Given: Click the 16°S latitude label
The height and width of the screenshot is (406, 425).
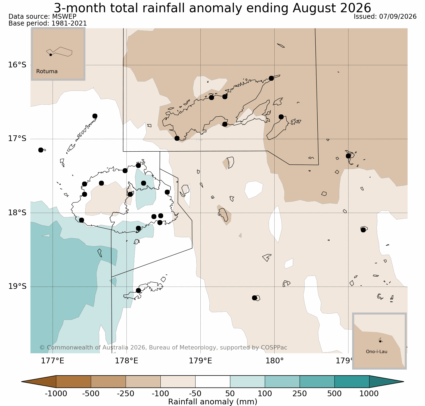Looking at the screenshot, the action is [17, 65].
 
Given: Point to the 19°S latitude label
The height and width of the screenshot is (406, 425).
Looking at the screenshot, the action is [17, 286].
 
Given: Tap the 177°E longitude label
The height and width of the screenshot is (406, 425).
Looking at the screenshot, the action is [52, 361].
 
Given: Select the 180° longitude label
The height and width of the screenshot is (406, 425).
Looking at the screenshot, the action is [274, 361].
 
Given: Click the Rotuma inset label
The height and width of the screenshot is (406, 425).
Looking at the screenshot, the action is [47, 71].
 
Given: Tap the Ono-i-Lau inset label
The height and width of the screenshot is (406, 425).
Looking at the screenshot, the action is [377, 352].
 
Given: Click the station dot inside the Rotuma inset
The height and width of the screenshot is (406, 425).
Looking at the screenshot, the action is [51, 55].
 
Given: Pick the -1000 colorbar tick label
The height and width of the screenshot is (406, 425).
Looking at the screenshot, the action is [56, 393].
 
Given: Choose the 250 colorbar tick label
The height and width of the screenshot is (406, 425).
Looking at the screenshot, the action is [300, 393].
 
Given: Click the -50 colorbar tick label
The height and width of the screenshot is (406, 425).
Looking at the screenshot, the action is [195, 393].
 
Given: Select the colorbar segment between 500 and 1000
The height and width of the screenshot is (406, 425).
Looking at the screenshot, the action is [352, 382].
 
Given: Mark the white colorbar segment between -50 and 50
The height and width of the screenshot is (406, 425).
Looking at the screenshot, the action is [213, 382].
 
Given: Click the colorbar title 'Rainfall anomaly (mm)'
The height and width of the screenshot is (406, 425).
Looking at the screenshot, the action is [213, 402].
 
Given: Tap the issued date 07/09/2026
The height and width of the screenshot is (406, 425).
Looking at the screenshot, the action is [398, 17].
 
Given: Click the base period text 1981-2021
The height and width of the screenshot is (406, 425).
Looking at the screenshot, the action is [69, 23].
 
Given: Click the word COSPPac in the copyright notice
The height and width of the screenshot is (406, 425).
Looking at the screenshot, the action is [274, 348].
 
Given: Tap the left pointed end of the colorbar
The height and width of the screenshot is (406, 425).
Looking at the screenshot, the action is [22, 382].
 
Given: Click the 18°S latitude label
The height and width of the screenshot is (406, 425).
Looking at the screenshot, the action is [17, 213].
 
